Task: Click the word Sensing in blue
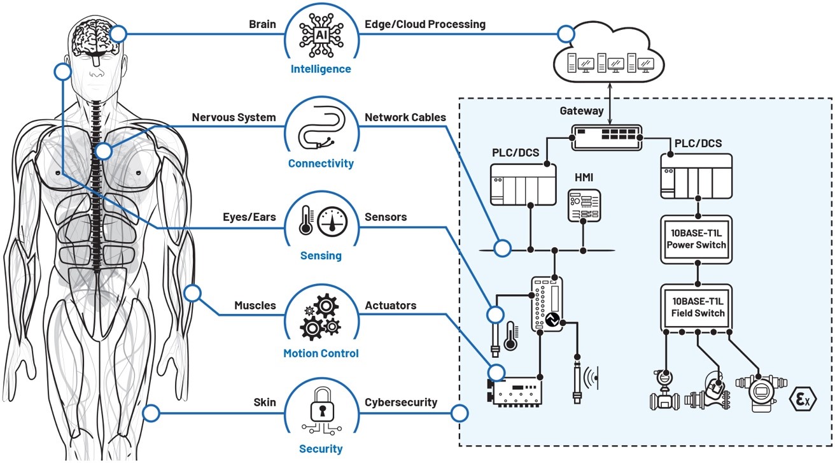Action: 321,256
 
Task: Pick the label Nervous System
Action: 234,117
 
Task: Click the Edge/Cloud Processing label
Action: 425,24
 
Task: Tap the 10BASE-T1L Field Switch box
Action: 698,307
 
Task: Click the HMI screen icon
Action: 584,205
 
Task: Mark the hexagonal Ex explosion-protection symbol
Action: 803,400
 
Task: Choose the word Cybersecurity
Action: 401,402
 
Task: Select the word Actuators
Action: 390,306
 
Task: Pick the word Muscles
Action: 255,306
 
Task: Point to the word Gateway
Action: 581,111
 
